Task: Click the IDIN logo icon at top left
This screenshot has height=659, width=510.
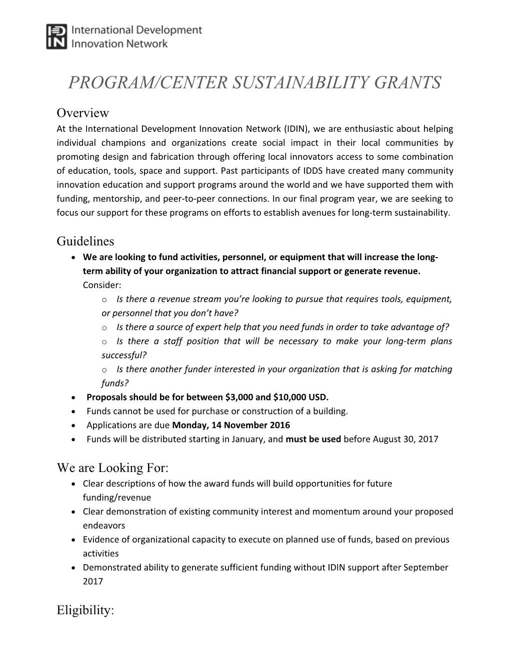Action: click(56, 37)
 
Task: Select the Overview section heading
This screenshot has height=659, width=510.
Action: click(82, 113)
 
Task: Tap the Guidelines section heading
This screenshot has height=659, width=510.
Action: click(85, 241)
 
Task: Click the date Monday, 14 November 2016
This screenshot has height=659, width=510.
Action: click(230, 425)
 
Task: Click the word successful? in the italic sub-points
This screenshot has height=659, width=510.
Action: click(123, 355)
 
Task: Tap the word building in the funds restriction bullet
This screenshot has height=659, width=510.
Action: click(330, 411)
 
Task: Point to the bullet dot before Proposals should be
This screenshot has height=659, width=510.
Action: click(74, 398)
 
